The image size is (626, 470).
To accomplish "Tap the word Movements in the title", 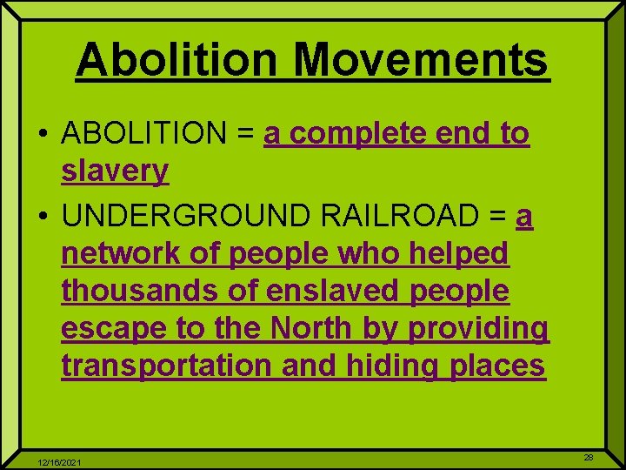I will [x=421, y=60].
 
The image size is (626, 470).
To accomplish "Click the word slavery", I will [x=115, y=171].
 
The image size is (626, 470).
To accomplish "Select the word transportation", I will [x=167, y=366].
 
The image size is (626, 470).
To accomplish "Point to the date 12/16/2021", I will [x=60, y=462].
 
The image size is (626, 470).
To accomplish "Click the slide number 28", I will [x=589, y=457].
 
